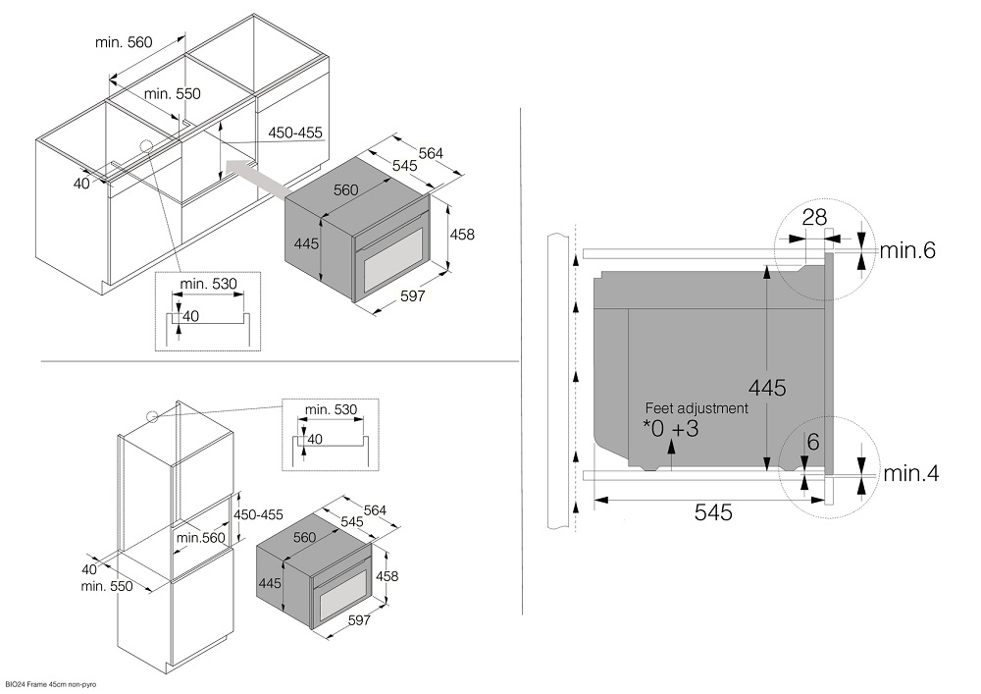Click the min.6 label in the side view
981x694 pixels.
tap(907, 250)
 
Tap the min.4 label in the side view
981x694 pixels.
tap(911, 474)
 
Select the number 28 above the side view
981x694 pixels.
tap(814, 218)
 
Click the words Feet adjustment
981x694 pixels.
tap(697, 407)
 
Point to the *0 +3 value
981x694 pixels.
tap(671, 429)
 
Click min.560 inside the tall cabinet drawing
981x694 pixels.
tap(201, 537)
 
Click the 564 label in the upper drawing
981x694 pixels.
tap(431, 153)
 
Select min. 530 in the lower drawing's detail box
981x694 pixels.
tap(331, 408)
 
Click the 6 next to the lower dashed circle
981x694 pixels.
tap(812, 442)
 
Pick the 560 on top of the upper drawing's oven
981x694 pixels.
tap(345, 190)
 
